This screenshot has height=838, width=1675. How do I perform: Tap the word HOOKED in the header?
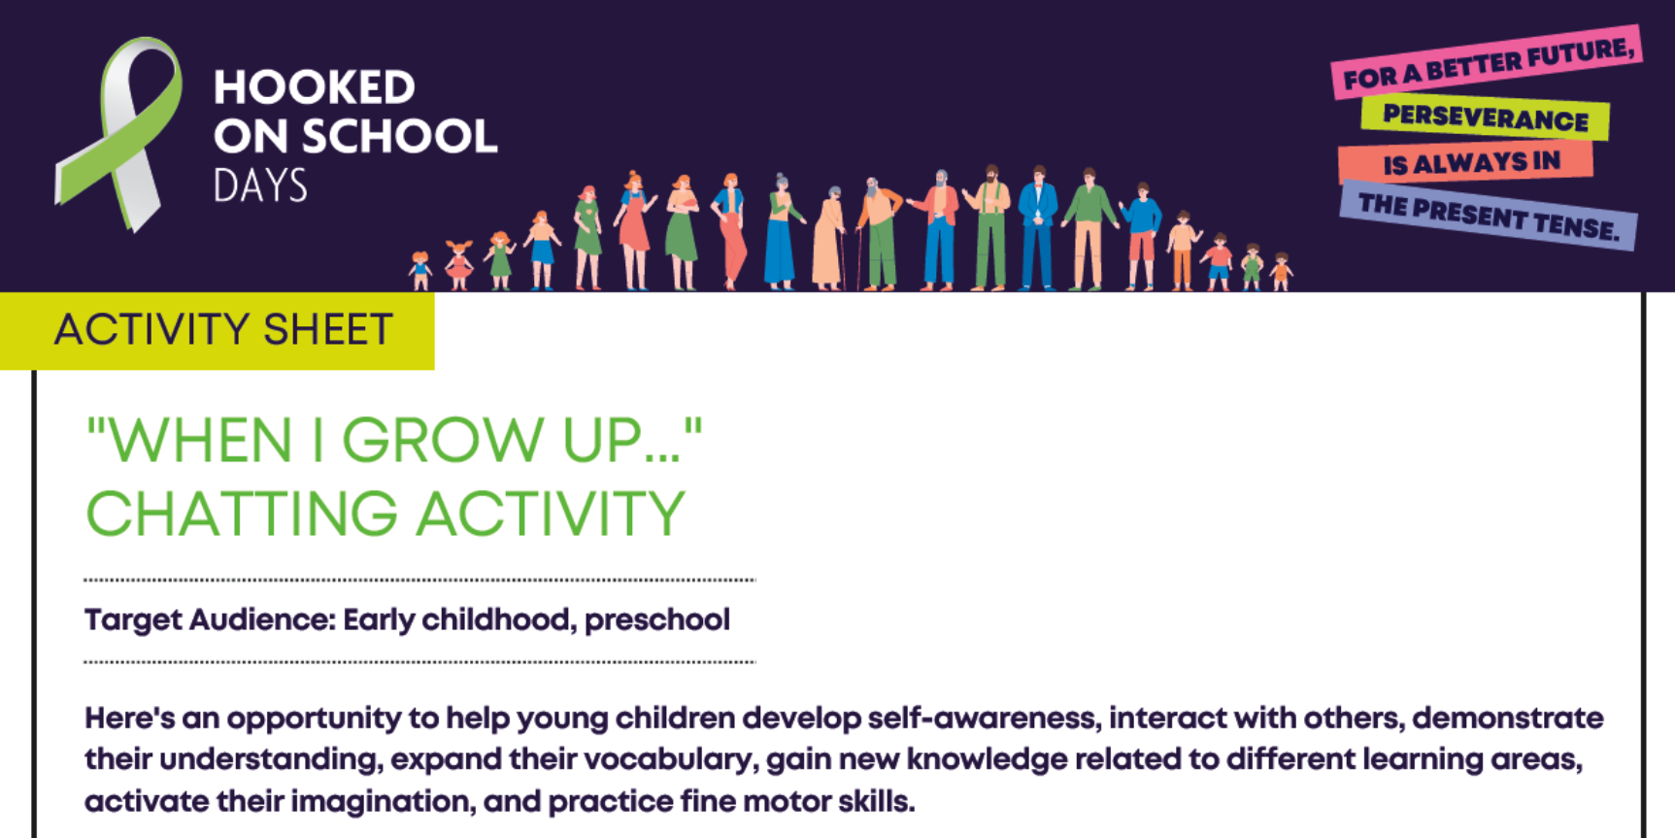click(315, 87)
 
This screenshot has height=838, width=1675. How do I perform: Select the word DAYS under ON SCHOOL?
click(260, 185)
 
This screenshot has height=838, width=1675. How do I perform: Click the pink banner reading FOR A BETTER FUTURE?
click(1487, 61)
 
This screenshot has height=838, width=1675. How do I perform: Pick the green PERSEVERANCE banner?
click(1486, 117)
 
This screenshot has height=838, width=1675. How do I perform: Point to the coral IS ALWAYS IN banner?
click(1466, 162)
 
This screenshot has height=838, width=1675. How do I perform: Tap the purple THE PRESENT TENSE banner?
click(1489, 216)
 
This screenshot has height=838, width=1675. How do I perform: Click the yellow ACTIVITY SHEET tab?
click(218, 330)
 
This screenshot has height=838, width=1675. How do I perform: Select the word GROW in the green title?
click(443, 440)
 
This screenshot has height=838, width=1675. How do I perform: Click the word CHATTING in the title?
click(242, 514)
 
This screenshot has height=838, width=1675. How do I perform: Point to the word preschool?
click(657, 620)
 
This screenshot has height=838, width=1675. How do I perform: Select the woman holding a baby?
click(682, 233)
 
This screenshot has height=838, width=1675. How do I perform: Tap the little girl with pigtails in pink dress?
click(458, 265)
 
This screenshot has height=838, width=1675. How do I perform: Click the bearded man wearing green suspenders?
click(988, 228)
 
